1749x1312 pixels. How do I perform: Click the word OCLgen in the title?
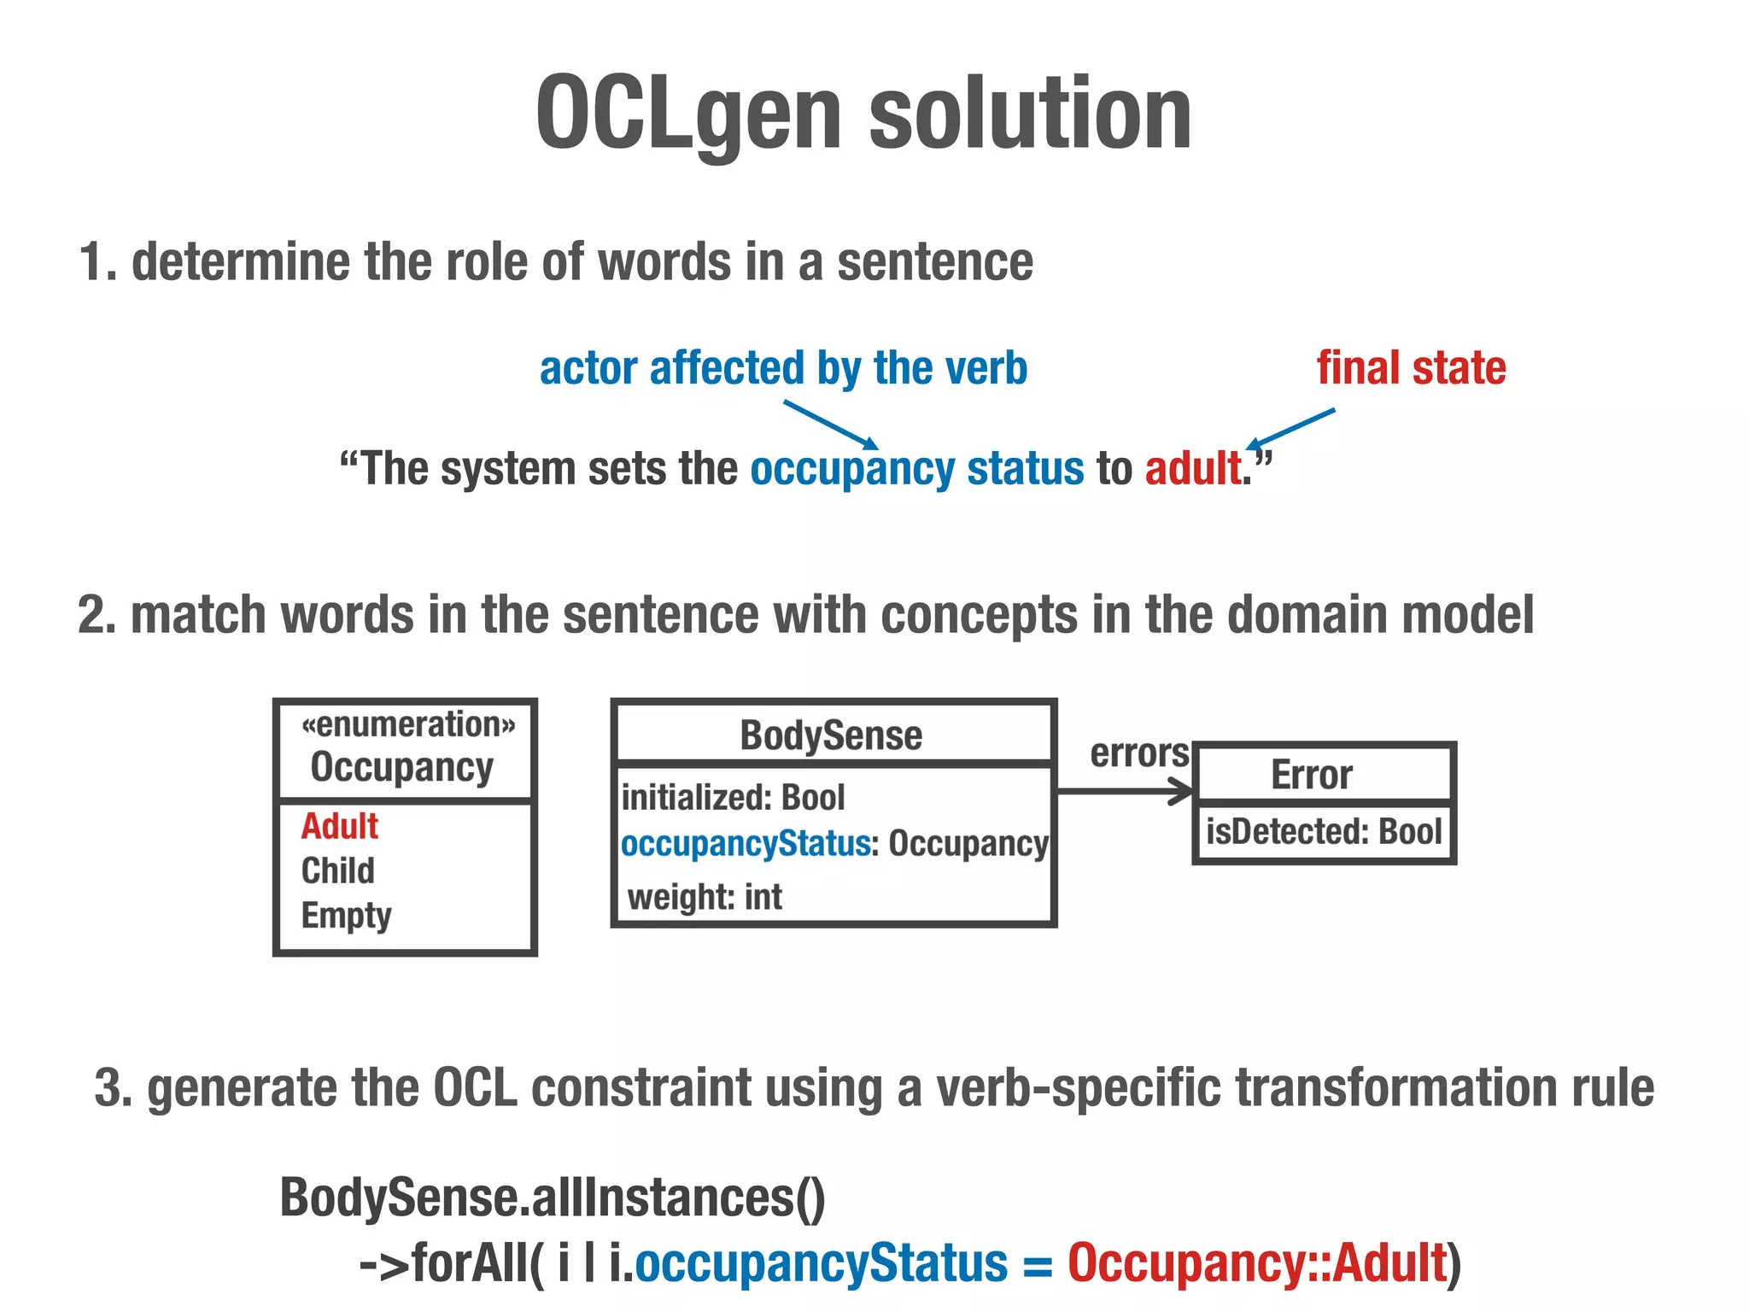click(687, 114)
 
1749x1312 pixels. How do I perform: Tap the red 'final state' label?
click(1411, 368)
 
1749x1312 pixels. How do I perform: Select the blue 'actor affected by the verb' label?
click(783, 368)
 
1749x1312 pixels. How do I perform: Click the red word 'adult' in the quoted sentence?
click(1193, 469)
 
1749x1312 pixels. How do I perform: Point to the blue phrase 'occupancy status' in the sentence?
click(916, 469)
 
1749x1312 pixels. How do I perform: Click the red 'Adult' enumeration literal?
click(339, 826)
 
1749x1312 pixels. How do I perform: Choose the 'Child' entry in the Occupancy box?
click(337, 870)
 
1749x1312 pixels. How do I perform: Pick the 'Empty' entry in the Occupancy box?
click(346, 916)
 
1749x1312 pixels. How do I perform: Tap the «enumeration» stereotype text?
click(408, 725)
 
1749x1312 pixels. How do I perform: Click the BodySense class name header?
click(831, 735)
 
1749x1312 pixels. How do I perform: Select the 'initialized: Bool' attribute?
click(733, 798)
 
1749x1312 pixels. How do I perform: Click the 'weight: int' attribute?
click(705, 897)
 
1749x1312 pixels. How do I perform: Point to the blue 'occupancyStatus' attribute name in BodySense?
click(745, 844)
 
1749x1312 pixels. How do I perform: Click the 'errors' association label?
click(1139, 753)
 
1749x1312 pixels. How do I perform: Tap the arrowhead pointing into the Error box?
click(1183, 792)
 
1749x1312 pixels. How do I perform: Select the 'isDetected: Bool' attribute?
click(1323, 831)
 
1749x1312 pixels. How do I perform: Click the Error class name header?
click(1311, 776)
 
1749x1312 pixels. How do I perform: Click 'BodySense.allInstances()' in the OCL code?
click(553, 1198)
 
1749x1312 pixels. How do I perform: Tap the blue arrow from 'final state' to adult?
click(1291, 428)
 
